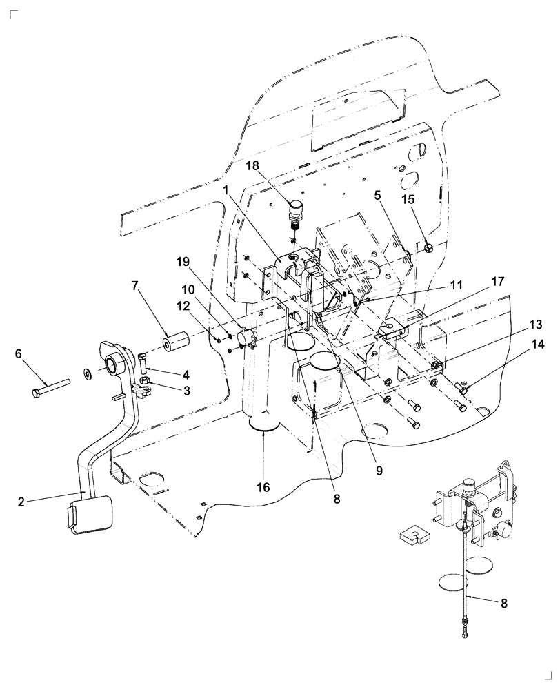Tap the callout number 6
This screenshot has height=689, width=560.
19,353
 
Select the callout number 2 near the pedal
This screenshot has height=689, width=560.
21,502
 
